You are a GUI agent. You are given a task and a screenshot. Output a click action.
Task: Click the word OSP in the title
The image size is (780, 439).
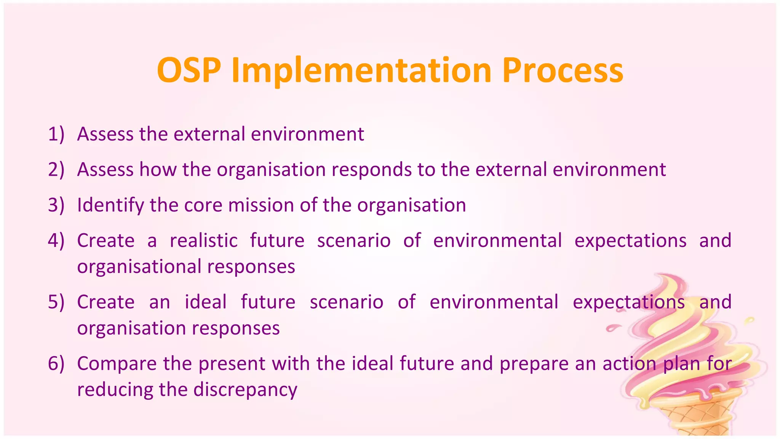189,70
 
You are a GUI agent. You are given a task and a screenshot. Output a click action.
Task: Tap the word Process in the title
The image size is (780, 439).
563,70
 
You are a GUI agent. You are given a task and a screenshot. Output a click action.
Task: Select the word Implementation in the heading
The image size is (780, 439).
361,70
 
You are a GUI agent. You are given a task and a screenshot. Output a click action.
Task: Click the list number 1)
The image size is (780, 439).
56,134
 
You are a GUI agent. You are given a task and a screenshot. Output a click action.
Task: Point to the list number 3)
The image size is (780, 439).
56,205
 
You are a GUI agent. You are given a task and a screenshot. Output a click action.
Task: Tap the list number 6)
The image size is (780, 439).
56,363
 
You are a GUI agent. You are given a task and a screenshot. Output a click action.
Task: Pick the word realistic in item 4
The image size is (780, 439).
204,240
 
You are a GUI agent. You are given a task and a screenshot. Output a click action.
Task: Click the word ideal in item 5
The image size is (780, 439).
206,302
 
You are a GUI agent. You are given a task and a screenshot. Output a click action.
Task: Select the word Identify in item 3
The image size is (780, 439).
110,205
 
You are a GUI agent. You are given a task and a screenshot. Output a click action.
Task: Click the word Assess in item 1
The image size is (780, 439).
105,134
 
